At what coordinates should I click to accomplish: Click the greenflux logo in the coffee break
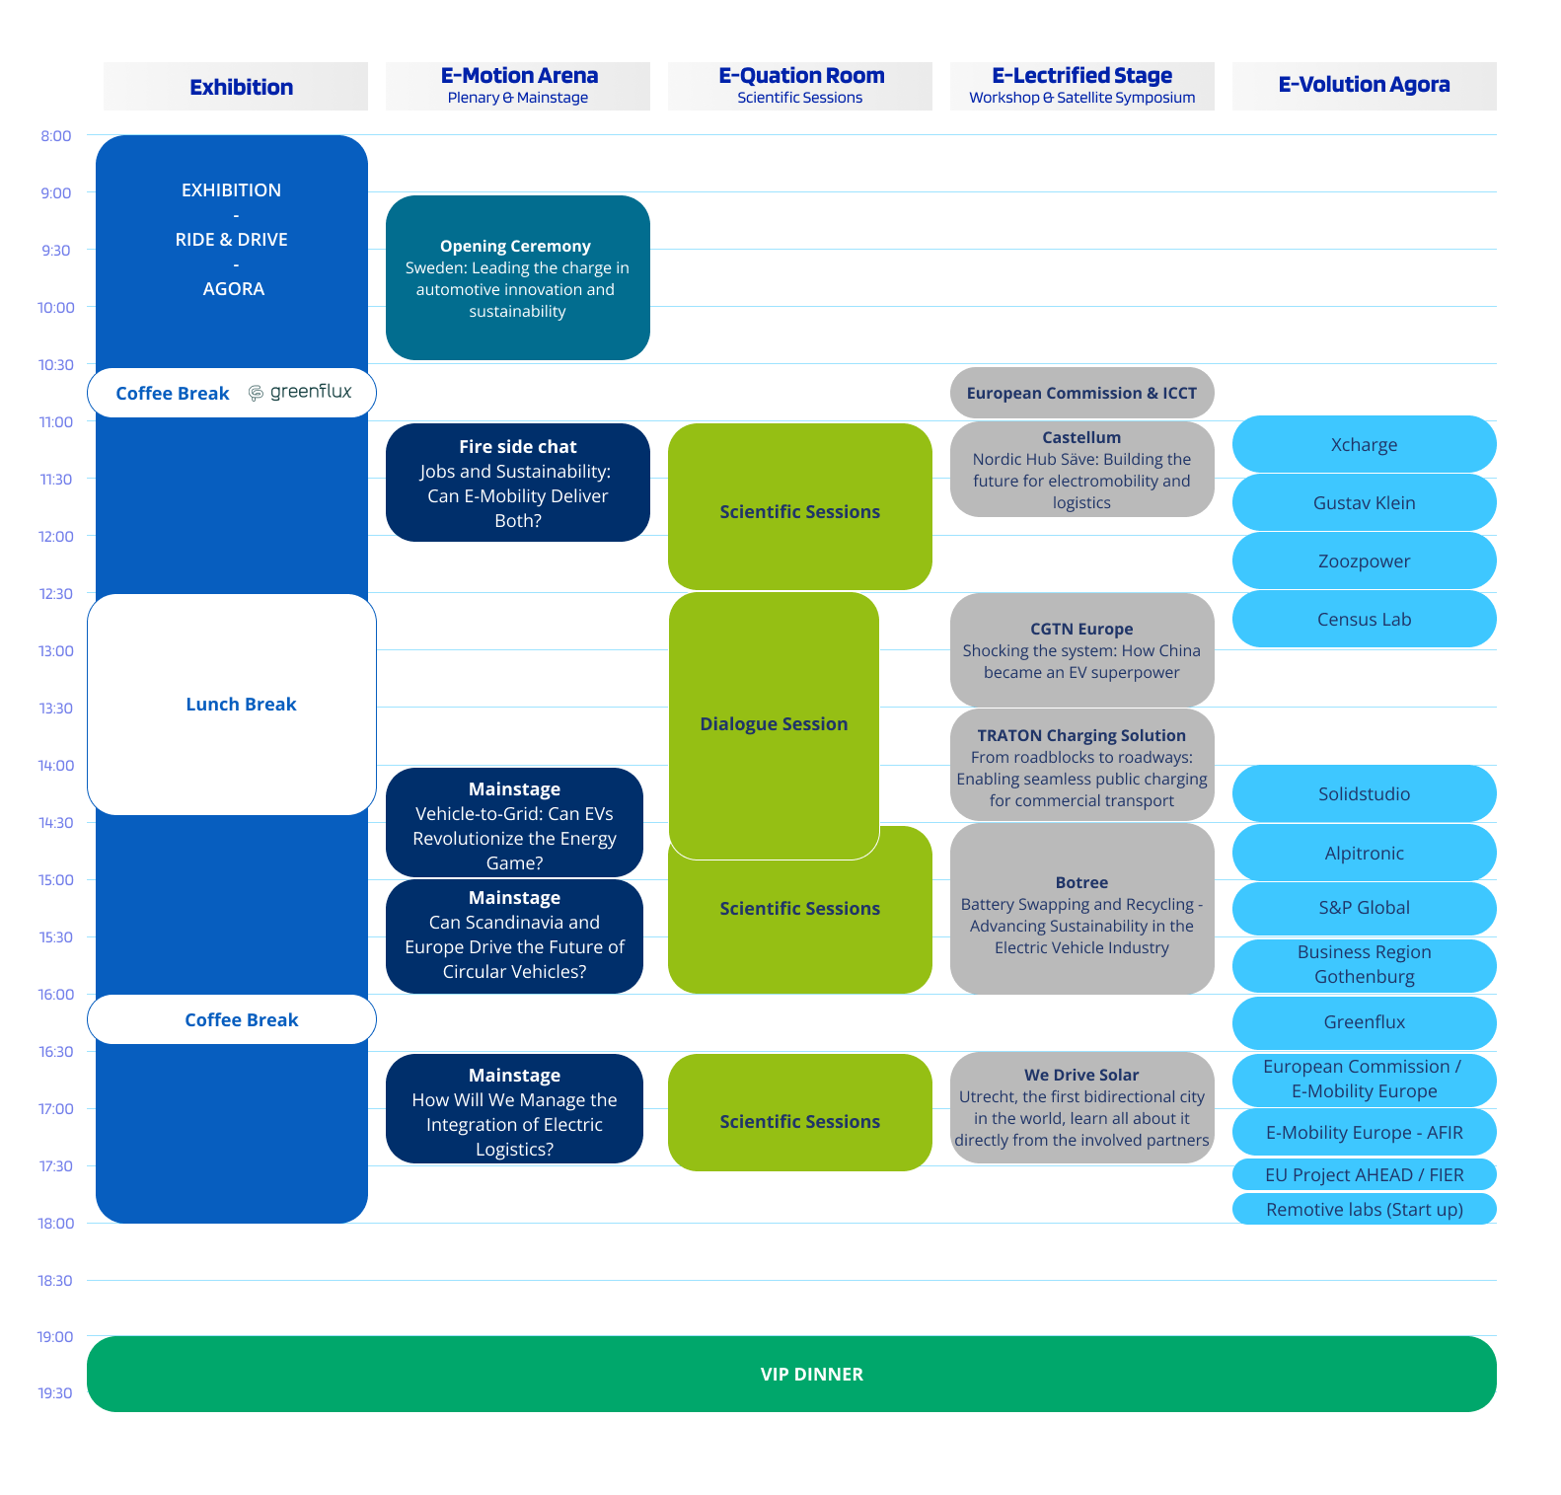(x=300, y=392)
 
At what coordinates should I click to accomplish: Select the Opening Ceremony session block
(x=518, y=277)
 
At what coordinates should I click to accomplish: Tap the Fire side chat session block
(x=518, y=483)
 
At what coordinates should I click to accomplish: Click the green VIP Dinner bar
(x=791, y=1374)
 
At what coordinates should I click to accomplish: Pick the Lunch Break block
(x=232, y=705)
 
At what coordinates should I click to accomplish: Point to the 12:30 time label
(x=56, y=594)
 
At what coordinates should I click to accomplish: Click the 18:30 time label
(x=55, y=1281)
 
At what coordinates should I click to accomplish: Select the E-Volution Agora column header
(x=1365, y=86)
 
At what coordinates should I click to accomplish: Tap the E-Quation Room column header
(x=800, y=86)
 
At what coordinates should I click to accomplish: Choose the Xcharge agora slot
(x=1365, y=444)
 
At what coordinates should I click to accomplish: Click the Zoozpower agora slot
(x=1365, y=561)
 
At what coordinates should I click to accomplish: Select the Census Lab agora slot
(x=1365, y=619)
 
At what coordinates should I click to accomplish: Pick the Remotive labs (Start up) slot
(x=1365, y=1209)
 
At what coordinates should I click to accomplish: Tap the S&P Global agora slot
(x=1365, y=908)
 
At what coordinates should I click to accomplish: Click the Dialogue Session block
(x=774, y=725)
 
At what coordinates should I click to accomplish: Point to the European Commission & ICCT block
(x=1082, y=393)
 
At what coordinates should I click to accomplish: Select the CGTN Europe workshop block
(x=1082, y=650)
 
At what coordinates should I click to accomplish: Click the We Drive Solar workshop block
(x=1082, y=1107)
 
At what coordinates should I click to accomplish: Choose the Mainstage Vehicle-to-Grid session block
(x=514, y=823)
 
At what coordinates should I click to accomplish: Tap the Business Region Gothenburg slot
(x=1365, y=965)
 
